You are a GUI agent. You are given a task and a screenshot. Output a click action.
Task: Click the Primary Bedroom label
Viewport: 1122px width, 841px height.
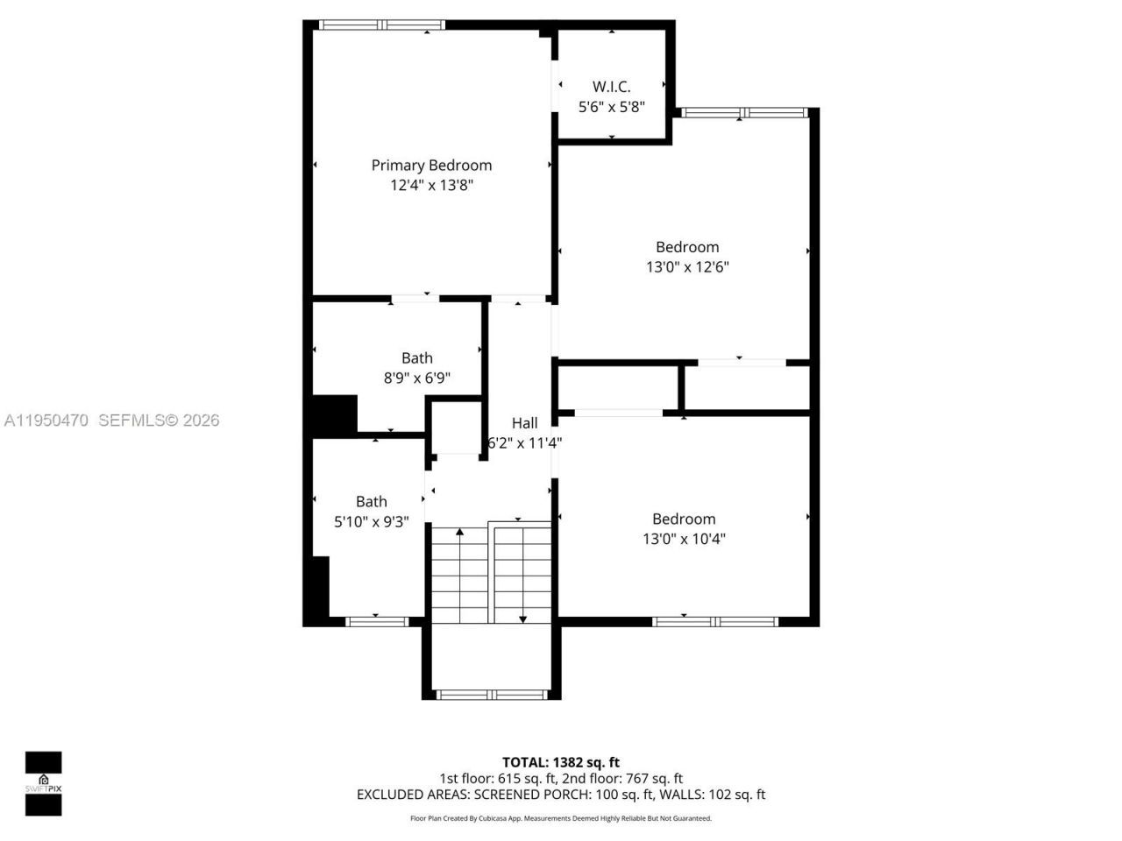[x=431, y=165]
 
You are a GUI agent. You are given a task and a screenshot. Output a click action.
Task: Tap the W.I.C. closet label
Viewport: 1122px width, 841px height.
[x=611, y=86]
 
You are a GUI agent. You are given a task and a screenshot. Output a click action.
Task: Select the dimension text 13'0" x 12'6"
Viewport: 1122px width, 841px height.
[x=687, y=267]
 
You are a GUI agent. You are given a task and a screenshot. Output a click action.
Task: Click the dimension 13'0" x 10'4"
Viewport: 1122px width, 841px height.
[x=684, y=539]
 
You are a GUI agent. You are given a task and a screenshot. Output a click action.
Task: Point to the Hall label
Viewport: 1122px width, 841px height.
[x=524, y=423]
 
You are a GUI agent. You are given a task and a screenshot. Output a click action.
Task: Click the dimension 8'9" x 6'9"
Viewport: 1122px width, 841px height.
[x=417, y=378]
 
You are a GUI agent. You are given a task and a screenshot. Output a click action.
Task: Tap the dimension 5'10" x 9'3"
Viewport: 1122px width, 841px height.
[x=371, y=522]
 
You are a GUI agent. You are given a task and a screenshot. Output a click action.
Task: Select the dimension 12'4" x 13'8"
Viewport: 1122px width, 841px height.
[x=431, y=186]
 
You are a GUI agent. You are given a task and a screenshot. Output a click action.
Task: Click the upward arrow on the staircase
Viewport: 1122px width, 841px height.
[x=459, y=533]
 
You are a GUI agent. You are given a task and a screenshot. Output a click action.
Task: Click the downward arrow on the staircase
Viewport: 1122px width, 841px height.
[x=522, y=618]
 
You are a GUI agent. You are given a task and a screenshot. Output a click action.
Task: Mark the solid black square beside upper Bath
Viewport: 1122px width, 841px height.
[x=335, y=413]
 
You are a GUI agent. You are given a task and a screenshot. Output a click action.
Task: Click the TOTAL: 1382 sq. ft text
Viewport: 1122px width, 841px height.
[x=560, y=762]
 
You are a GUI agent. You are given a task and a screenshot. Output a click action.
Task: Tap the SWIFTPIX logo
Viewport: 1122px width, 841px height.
[x=43, y=783]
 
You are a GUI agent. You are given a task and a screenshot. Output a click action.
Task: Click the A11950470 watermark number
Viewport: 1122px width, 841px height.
[x=46, y=420]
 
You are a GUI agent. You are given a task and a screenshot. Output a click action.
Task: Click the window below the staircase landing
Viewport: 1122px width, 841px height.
[x=492, y=695]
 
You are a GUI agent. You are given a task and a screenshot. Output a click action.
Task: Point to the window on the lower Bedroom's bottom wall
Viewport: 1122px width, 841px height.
[x=715, y=622]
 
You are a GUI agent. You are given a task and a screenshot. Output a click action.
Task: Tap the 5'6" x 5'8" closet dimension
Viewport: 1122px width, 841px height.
[x=611, y=107]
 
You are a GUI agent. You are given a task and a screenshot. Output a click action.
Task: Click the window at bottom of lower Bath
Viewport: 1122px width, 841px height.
[x=377, y=622]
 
